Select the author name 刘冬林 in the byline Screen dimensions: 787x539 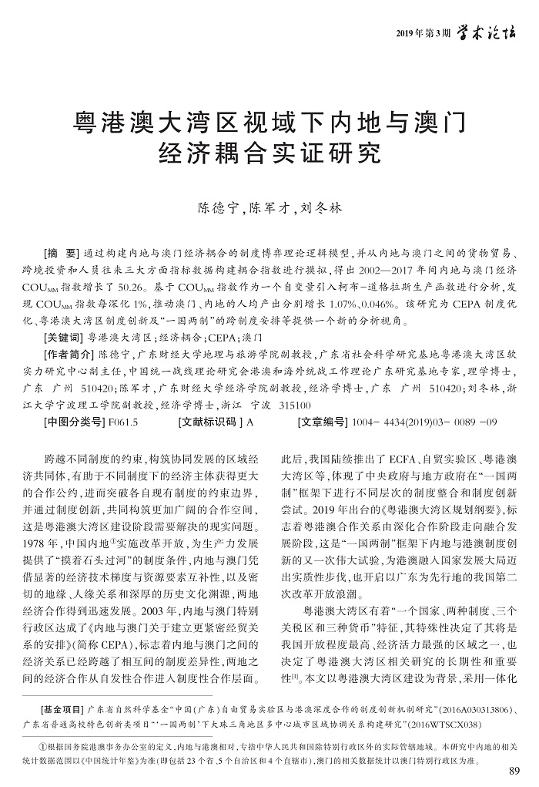(x=320, y=209)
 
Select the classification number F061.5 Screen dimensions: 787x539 (x=123, y=422)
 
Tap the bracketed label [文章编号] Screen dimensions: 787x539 (x=323, y=422)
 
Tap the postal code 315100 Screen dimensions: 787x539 (x=293, y=405)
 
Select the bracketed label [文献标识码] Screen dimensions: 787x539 (x=209, y=422)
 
